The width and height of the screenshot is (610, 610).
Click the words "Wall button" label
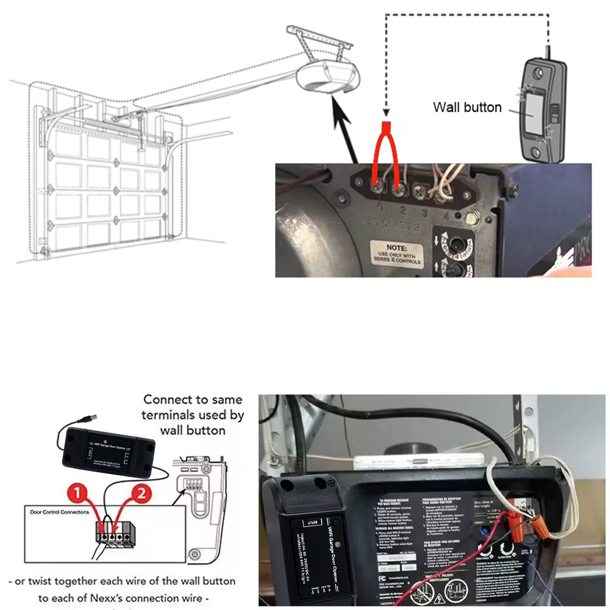pos(467,107)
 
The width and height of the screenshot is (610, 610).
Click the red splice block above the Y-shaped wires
pos(386,126)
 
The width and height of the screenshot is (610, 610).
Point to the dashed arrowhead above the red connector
pos(386,113)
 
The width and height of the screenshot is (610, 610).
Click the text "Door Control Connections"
pos(60,512)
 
